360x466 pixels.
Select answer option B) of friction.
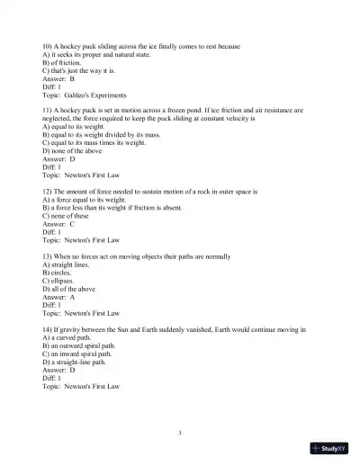[64, 62]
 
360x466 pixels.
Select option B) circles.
[58, 273]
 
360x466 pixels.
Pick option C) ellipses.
[61, 281]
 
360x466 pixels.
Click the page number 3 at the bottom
[180, 433]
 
